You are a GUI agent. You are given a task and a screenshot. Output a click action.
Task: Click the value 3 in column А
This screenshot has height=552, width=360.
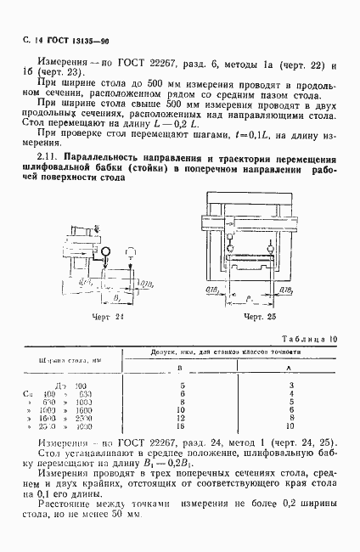click(x=290, y=386)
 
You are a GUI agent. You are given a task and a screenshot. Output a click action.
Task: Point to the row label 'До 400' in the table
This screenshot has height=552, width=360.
click(x=76, y=386)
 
